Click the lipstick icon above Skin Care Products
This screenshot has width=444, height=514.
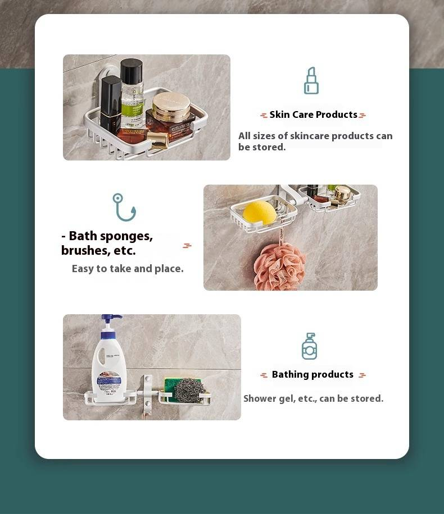pos(311,81)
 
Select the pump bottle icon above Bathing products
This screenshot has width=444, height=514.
pos(309,346)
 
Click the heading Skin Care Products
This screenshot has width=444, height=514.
pos(313,114)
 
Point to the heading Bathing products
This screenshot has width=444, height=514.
pos(312,374)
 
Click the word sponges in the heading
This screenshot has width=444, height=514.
pos(126,236)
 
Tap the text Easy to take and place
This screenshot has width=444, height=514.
pos(128,269)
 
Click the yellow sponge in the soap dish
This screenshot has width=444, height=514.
pos(260,213)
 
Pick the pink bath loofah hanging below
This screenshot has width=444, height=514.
pos(279,266)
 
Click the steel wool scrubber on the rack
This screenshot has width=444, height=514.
pos(189,391)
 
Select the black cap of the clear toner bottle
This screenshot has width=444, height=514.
pos(132,71)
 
